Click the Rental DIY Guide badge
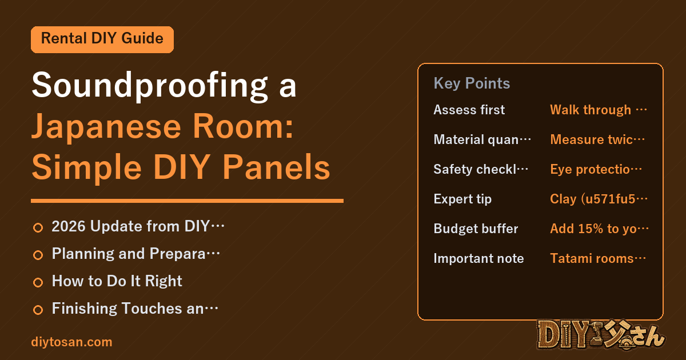point(102,39)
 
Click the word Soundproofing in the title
point(150,85)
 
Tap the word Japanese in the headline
point(106,127)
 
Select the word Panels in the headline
point(276,167)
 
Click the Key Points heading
point(472,83)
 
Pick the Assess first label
point(469,110)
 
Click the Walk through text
point(599,110)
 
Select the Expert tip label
point(462,199)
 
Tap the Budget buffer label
point(476,229)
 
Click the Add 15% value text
point(599,229)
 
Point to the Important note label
point(478,258)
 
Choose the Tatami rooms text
point(598,258)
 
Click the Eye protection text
point(596,169)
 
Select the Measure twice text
point(597,139)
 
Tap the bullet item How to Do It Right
point(117,281)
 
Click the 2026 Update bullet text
point(138,226)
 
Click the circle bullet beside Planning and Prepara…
point(38,255)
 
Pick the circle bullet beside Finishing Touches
point(38,310)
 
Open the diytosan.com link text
point(71,342)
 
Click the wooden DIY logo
point(601,334)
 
